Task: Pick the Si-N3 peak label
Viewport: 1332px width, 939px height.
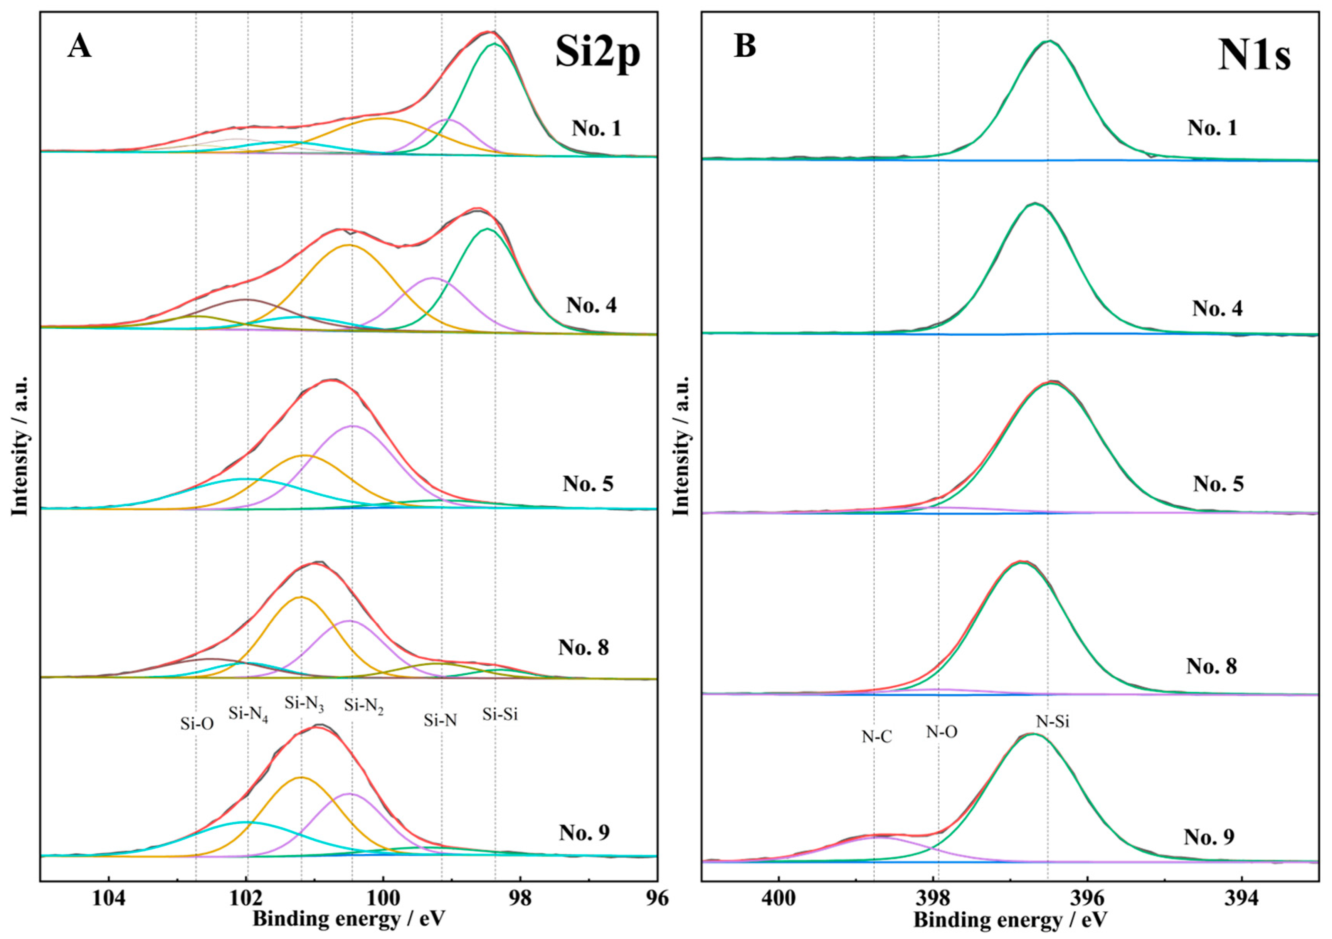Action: point(304,704)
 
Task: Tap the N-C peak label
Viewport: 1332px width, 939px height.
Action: point(876,737)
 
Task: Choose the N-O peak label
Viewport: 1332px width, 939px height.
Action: point(941,732)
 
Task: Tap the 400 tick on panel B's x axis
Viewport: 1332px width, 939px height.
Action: point(779,899)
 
